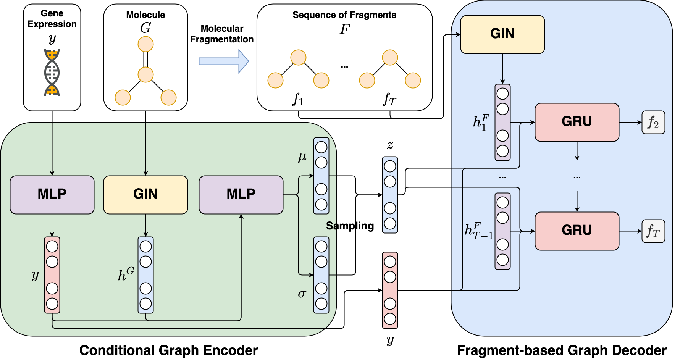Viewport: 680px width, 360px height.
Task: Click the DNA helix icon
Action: pos(52,73)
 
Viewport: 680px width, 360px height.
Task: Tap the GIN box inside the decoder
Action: pos(502,34)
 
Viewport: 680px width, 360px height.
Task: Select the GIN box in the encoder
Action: pos(145,194)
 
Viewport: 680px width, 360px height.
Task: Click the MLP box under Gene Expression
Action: pos(52,194)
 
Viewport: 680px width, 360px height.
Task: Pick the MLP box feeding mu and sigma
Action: pos(241,194)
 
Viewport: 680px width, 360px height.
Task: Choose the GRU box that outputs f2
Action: pos(577,122)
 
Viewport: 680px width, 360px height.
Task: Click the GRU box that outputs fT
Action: pos(577,231)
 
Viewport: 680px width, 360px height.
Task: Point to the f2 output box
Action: pos(653,123)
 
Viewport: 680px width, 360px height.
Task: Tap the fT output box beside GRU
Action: pos(653,231)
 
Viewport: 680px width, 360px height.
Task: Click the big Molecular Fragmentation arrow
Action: pos(224,61)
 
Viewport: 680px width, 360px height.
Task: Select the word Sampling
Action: pos(350,226)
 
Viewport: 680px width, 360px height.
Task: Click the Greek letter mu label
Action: pos(302,157)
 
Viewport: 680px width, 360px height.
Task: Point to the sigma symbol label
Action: pos(302,294)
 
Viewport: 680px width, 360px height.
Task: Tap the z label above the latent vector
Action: pos(390,145)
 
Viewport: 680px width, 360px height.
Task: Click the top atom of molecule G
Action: pos(145,44)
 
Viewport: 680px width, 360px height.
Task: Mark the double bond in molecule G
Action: pos(145,60)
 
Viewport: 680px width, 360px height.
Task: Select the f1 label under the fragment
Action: pos(298,99)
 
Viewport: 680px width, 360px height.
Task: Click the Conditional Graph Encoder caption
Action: pos(168,350)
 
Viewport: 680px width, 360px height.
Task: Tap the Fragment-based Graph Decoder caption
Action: pos(561,350)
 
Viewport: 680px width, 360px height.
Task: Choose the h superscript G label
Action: pos(126,274)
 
